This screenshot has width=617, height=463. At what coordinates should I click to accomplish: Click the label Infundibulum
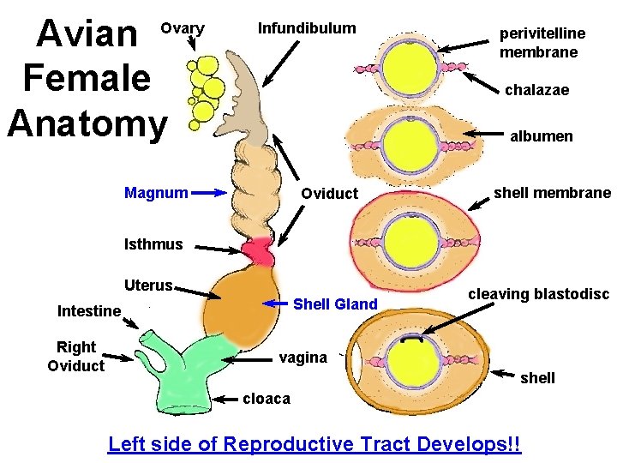tap(307, 28)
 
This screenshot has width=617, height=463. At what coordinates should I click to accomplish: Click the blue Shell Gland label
tap(335, 304)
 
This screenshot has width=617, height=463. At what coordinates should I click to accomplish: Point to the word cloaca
tap(267, 399)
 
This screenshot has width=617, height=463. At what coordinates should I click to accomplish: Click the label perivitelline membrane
tap(543, 42)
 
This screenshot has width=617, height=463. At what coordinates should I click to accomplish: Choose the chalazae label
tap(536, 90)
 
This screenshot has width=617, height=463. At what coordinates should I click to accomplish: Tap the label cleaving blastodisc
tap(538, 294)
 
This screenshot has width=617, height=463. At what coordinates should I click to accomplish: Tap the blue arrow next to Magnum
tap(209, 193)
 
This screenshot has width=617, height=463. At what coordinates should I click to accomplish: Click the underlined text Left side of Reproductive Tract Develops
tap(314, 444)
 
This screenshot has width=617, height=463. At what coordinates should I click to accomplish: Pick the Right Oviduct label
tap(76, 356)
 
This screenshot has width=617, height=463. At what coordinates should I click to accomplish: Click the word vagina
tap(303, 358)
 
